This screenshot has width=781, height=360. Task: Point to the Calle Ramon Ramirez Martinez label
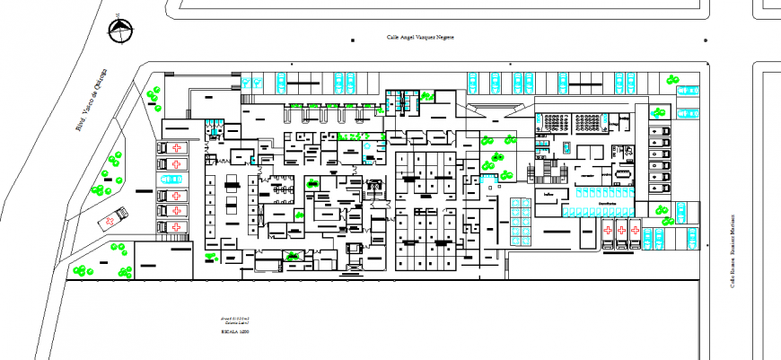coord(732,251)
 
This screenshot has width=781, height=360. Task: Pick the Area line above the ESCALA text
coord(235,318)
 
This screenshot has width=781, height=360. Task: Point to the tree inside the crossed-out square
coord(294,258)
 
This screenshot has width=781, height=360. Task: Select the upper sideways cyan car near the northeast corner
coord(688,90)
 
